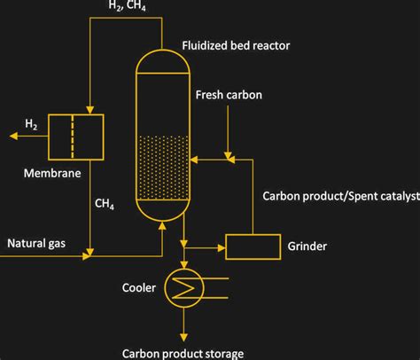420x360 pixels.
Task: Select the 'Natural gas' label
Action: point(37,242)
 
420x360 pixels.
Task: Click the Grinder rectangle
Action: point(253,247)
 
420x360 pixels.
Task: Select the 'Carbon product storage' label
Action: point(183,354)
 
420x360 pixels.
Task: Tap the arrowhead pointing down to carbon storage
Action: point(184,335)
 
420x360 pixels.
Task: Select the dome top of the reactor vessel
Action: point(164,62)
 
